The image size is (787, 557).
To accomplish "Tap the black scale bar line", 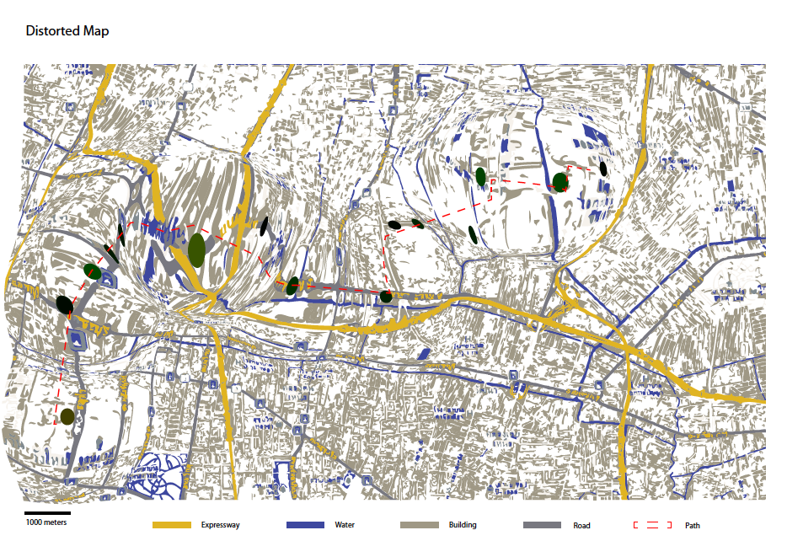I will click(46, 512).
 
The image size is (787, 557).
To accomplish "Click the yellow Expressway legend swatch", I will click(173, 525).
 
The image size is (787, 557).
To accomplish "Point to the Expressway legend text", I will click(221, 525).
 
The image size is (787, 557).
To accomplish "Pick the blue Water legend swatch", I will click(306, 525).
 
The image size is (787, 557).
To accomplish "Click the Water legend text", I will click(345, 525).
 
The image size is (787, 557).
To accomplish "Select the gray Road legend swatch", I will click(541, 525).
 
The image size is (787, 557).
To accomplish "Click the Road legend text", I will click(581, 526).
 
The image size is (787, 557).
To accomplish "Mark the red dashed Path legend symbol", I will click(652, 526).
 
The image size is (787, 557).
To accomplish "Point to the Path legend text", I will click(693, 526).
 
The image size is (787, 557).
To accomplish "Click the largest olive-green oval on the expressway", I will click(197, 250).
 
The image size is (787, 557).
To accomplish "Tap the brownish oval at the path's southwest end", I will click(67, 416).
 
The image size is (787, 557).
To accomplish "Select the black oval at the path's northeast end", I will click(603, 169).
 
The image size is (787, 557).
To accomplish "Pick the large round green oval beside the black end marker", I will click(560, 182).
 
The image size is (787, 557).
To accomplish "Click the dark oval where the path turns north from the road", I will click(386, 297).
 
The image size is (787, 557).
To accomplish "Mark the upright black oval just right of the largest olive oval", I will click(264, 226).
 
